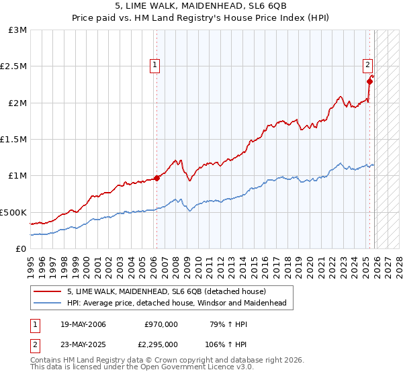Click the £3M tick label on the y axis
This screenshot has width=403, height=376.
(x=18, y=30)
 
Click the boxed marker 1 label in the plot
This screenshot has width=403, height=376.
(x=155, y=65)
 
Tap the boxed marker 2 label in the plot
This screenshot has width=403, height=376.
(x=368, y=65)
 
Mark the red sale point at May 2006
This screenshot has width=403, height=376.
(x=156, y=178)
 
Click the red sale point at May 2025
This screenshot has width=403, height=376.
(x=370, y=82)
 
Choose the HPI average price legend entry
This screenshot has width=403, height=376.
(x=177, y=303)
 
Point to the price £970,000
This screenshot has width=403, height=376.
(x=161, y=324)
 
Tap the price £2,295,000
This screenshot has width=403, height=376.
(x=157, y=343)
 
